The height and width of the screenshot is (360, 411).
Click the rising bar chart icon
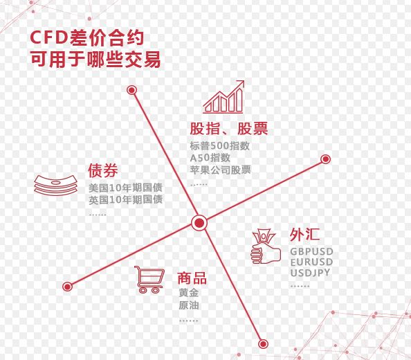click(x=223, y=97)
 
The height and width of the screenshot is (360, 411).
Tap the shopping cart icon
click(x=149, y=280)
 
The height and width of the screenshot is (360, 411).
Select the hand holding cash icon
click(x=265, y=246)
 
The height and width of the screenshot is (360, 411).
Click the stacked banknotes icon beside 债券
click(x=56, y=186)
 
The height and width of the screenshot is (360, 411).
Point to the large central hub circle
click(x=199, y=223)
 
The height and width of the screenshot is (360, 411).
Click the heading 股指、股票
click(x=229, y=129)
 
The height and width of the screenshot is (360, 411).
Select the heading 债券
click(x=102, y=170)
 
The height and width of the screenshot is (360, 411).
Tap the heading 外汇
click(x=304, y=234)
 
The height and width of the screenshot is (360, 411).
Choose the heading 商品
click(x=192, y=278)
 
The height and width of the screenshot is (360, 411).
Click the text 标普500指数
click(x=219, y=146)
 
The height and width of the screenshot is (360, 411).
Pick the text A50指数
click(x=210, y=158)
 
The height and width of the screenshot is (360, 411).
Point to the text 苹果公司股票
click(x=220, y=170)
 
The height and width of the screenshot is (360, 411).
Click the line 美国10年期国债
click(x=125, y=188)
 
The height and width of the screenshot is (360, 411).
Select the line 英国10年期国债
click(x=125, y=200)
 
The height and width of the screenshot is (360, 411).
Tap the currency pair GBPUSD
click(x=311, y=252)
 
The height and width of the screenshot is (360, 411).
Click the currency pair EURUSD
click(x=311, y=262)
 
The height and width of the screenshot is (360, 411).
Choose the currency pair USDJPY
click(x=310, y=273)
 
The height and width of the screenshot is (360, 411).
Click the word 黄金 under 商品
click(x=188, y=293)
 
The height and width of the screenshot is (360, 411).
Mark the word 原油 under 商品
click(x=188, y=305)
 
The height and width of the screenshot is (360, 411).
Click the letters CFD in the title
click(x=49, y=37)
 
